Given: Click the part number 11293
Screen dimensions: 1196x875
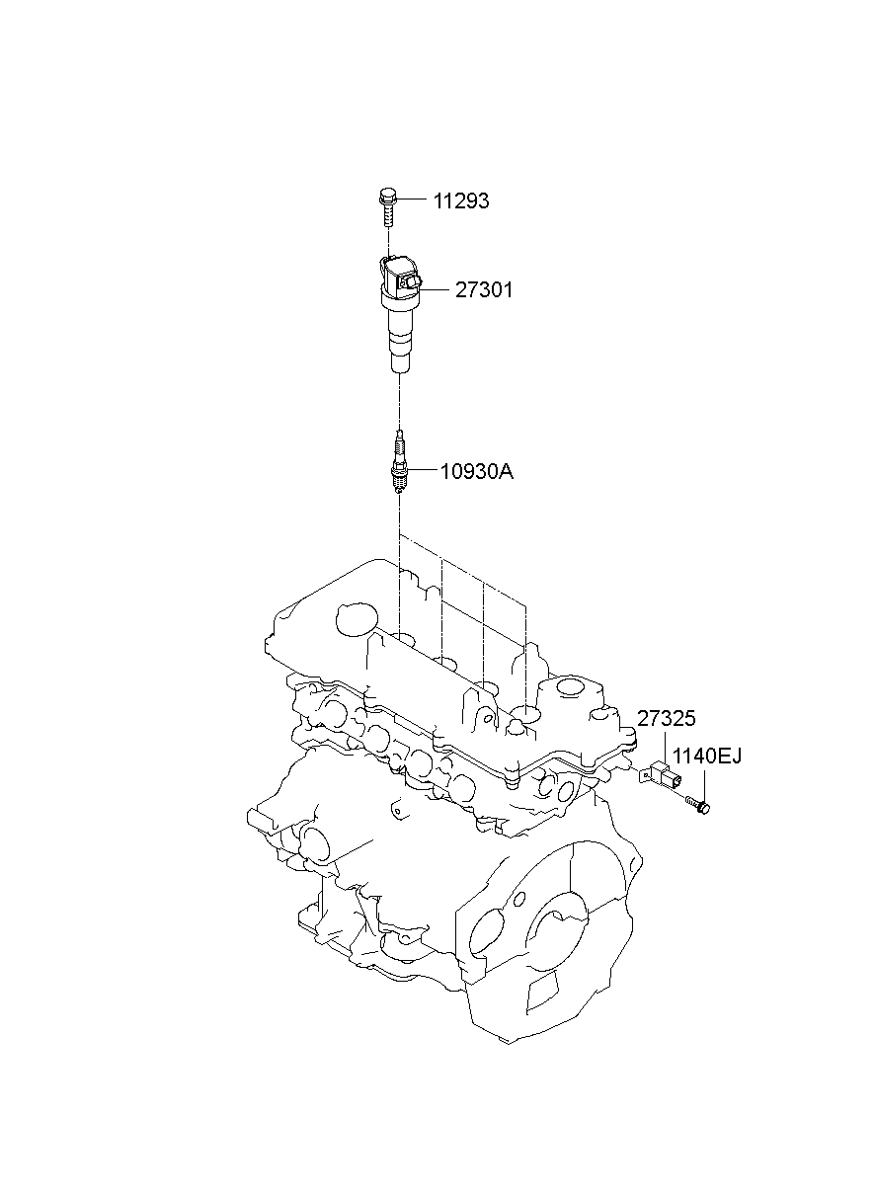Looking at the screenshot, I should [x=460, y=201].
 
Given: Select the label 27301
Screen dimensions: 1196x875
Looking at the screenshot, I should [x=484, y=290].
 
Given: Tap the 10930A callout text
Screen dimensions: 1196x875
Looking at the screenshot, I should [x=476, y=472].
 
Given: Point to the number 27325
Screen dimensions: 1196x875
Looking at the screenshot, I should [x=666, y=719].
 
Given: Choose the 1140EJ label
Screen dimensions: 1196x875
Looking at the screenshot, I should [x=706, y=757].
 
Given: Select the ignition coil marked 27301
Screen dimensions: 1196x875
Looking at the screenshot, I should [x=398, y=311].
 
